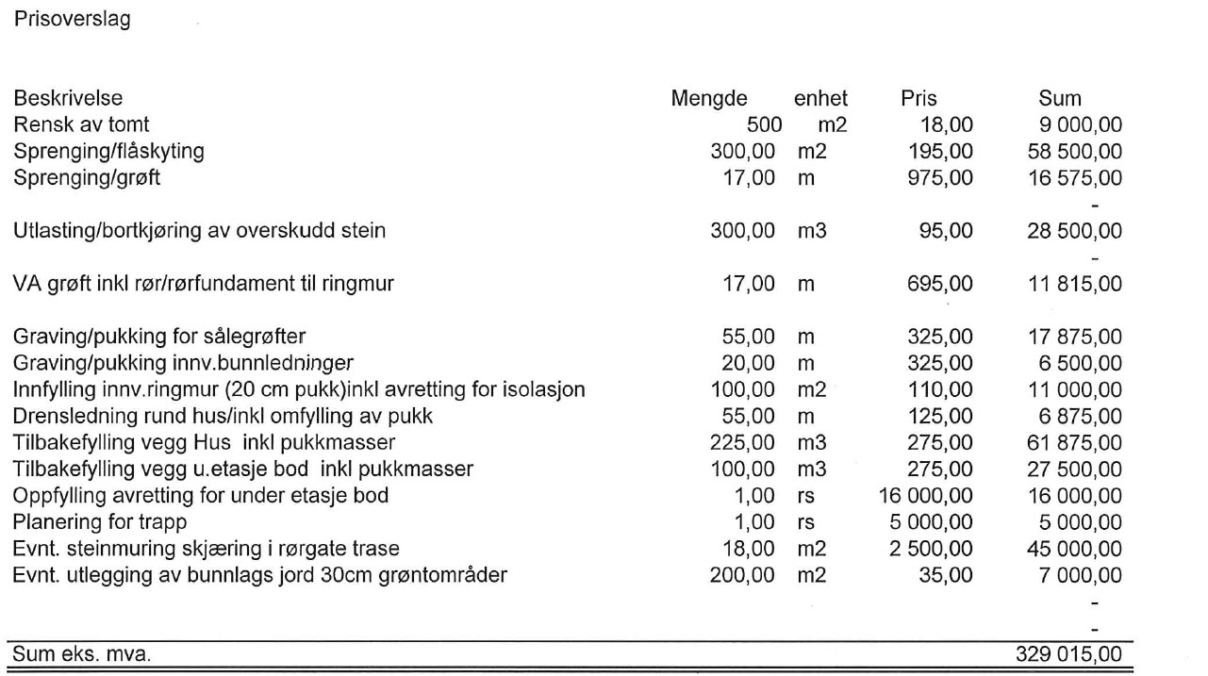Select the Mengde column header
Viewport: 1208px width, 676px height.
[x=708, y=98]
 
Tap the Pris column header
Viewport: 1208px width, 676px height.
[x=918, y=98]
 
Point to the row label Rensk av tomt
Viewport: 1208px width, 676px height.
[x=80, y=124]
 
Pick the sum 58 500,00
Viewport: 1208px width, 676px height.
[x=1074, y=150]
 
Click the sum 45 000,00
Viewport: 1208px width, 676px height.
[x=1074, y=548]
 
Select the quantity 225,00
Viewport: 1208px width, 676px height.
[x=742, y=442]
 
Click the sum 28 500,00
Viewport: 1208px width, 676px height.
[x=1074, y=230]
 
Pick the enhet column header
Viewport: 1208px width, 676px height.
[x=820, y=98]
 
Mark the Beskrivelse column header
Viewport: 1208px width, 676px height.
[x=67, y=98]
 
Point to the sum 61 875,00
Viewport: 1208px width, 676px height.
[x=1074, y=442]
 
